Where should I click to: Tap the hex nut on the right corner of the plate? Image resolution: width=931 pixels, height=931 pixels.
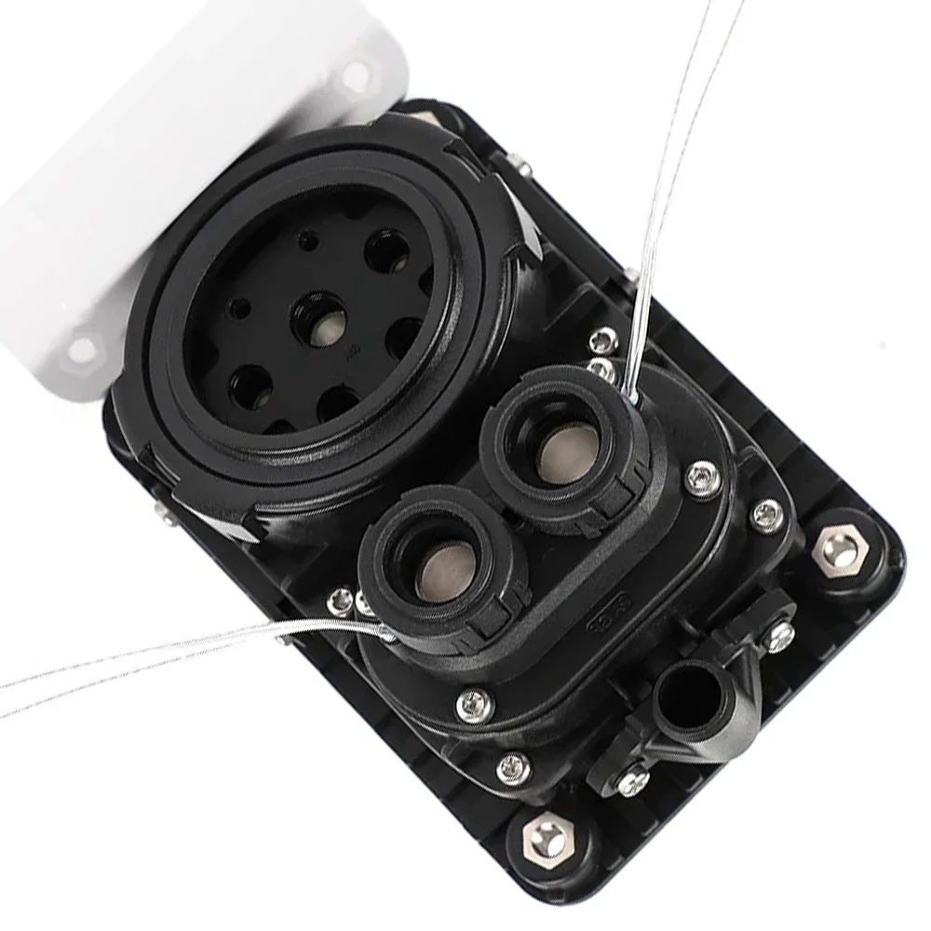pyautogui.click(x=839, y=552)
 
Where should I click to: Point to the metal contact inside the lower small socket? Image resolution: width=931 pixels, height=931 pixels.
pyautogui.click(x=445, y=571)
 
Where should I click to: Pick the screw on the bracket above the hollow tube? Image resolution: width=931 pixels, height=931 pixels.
pyautogui.click(x=778, y=635)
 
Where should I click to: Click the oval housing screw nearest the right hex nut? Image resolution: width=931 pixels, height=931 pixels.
pyautogui.click(x=767, y=515)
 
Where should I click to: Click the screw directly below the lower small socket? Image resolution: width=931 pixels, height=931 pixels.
pyautogui.click(x=473, y=704)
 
